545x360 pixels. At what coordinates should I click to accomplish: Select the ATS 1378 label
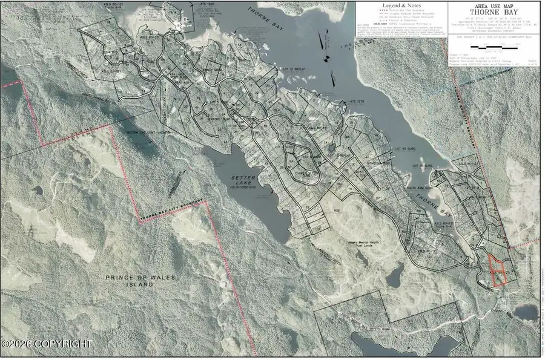point(357,102)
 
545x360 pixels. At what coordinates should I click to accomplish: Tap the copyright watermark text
point(47,344)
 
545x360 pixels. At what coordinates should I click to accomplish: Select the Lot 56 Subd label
point(424,165)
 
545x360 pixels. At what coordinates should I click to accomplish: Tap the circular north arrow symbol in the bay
point(326,59)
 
